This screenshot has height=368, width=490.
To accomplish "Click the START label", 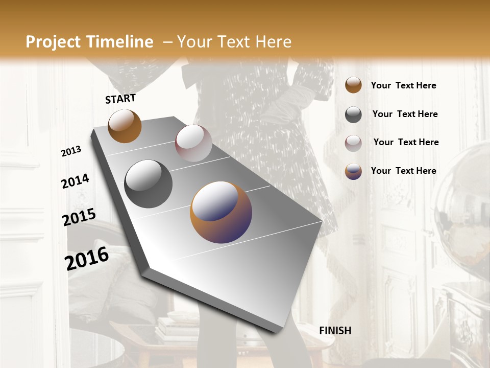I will click(x=120, y=99).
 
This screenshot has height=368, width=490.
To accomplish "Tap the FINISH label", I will click(x=335, y=331).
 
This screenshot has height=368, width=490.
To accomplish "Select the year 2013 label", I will click(x=71, y=151).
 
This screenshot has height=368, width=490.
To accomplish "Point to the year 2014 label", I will click(x=75, y=181).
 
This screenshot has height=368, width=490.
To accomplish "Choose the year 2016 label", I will click(x=87, y=259).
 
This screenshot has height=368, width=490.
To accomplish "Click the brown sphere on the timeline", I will click(x=125, y=126).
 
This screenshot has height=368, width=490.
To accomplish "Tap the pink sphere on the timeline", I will click(x=193, y=143).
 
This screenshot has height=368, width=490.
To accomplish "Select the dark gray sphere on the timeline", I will click(x=149, y=184).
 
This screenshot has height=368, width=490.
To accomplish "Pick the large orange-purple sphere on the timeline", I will click(x=221, y=212).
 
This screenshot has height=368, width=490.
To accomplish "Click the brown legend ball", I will click(x=353, y=85).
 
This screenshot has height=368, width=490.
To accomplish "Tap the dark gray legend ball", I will click(x=353, y=114).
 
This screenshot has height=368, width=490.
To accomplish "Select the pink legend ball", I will click(x=353, y=143).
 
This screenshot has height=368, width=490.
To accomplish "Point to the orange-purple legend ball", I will click(x=353, y=171).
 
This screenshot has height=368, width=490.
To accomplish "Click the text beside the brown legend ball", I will click(x=403, y=85).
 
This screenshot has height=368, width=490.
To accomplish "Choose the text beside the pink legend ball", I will click(x=406, y=142).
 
